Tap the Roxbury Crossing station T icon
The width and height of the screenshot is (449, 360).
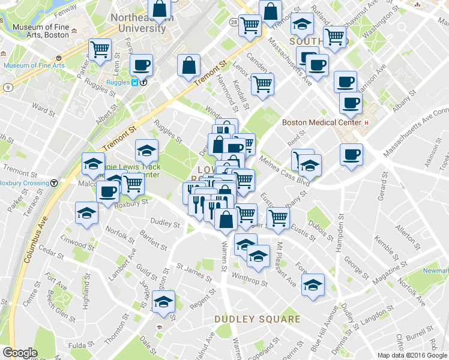pyautogui.click(x=54, y=183)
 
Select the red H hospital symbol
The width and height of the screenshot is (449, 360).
pyautogui.click(x=365, y=122)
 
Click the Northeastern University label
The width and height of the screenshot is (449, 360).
pyautogui.click(x=138, y=23)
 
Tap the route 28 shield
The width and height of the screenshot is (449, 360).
pyautogui.click(x=233, y=21)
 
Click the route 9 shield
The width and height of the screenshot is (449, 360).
pyautogui.click(x=7, y=87)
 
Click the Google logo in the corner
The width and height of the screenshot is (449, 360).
pyautogui.click(x=20, y=353)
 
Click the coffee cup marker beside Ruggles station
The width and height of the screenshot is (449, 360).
pyautogui.click(x=141, y=65)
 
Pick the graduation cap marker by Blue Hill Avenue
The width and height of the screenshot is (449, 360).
pyautogui.click(x=313, y=285)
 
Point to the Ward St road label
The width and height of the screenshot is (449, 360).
pyautogui.click(x=43, y=109)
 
